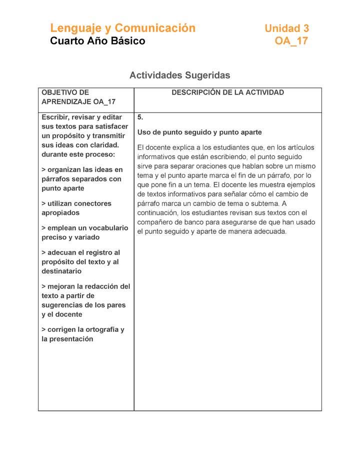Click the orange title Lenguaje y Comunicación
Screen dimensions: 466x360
click(122, 28)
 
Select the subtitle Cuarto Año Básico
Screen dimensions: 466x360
click(97, 41)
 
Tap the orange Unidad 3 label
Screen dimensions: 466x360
click(286, 28)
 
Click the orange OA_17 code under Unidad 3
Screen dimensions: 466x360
click(291, 41)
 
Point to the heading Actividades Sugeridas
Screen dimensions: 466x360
click(179, 75)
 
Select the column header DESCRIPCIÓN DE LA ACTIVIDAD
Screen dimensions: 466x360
click(227, 92)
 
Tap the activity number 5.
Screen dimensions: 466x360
click(140, 117)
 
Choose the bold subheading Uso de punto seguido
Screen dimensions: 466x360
click(199, 132)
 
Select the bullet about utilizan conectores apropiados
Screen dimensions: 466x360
click(76, 208)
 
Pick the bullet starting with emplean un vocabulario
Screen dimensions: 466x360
click(84, 232)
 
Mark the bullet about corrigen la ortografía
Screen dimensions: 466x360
click(83, 334)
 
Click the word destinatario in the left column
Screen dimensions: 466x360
click(61, 271)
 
